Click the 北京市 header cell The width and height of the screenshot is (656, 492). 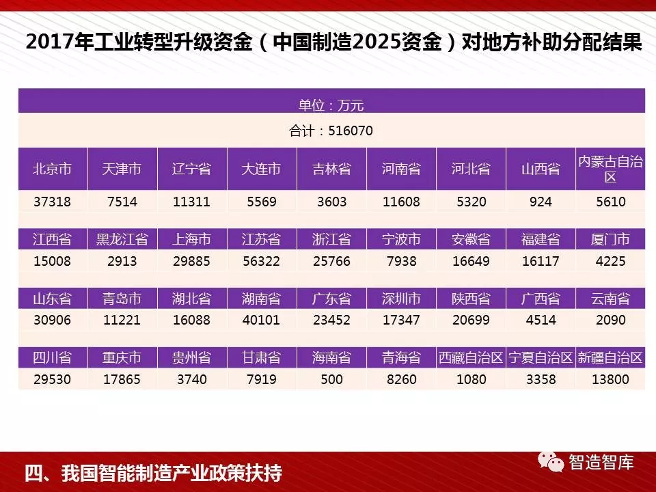(53, 169)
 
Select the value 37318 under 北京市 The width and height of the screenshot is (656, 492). (53, 202)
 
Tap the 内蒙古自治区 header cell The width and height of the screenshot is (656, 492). (610, 169)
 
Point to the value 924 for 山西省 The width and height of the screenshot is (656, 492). (541, 202)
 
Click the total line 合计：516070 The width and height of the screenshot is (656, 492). (331, 131)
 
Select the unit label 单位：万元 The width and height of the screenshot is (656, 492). (331, 105)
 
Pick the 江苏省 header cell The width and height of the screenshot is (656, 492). (262, 240)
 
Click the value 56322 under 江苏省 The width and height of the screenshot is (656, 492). (262, 261)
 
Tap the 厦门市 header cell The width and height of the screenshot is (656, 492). (610, 240)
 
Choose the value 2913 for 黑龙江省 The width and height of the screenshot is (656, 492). (122, 261)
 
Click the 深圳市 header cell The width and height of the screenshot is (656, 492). (401, 299)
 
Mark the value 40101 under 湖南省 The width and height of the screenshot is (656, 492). (262, 320)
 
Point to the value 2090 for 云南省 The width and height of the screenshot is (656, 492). (610, 320)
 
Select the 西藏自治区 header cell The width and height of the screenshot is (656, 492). (471, 357)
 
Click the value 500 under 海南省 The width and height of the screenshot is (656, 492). (331, 379)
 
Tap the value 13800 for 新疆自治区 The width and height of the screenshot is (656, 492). (610, 379)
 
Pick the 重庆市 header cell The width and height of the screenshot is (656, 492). (122, 357)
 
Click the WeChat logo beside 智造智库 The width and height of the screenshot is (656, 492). (551, 463)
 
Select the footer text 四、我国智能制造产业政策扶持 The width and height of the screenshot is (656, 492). (153, 473)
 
